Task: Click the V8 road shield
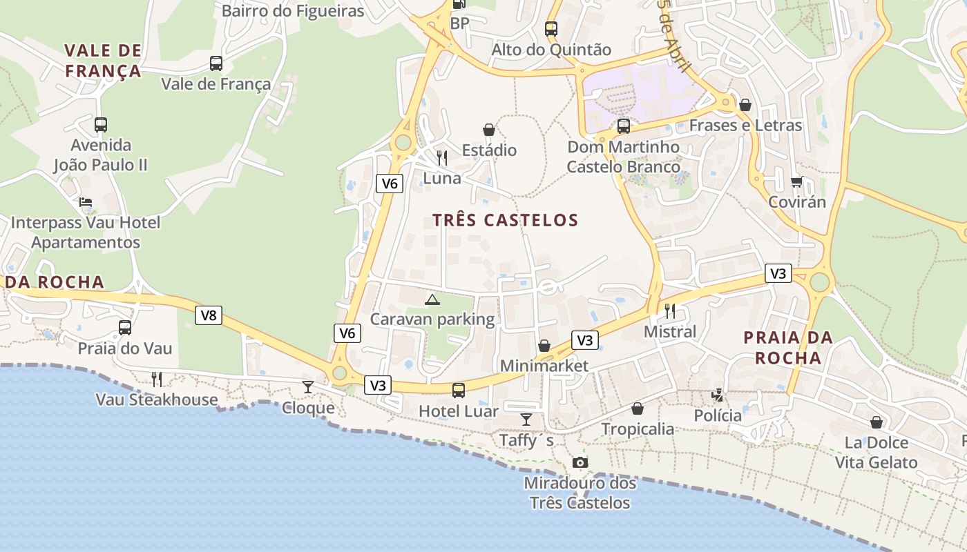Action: [x=208, y=315]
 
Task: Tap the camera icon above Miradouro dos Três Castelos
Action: [x=580, y=462]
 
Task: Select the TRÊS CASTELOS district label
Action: [x=505, y=220]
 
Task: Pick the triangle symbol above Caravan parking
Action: [x=432, y=299]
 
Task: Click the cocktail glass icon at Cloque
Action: [x=308, y=387]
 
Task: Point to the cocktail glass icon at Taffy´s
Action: [x=526, y=420]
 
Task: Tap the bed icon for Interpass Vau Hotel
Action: [x=86, y=202]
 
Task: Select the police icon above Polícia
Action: [x=718, y=395]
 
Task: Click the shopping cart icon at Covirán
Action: [x=797, y=182]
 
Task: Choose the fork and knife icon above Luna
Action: [x=442, y=158]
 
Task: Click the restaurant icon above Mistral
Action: [x=669, y=311]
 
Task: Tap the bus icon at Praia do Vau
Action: [x=125, y=328]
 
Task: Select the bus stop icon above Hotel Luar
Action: [x=459, y=391]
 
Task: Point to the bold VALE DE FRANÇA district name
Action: [x=103, y=61]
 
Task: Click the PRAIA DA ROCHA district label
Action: [x=788, y=348]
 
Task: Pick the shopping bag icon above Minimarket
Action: [x=544, y=346]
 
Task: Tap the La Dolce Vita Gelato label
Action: [x=877, y=453]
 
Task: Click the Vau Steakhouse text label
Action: [x=157, y=400]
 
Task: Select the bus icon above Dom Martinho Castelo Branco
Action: [x=624, y=126]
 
